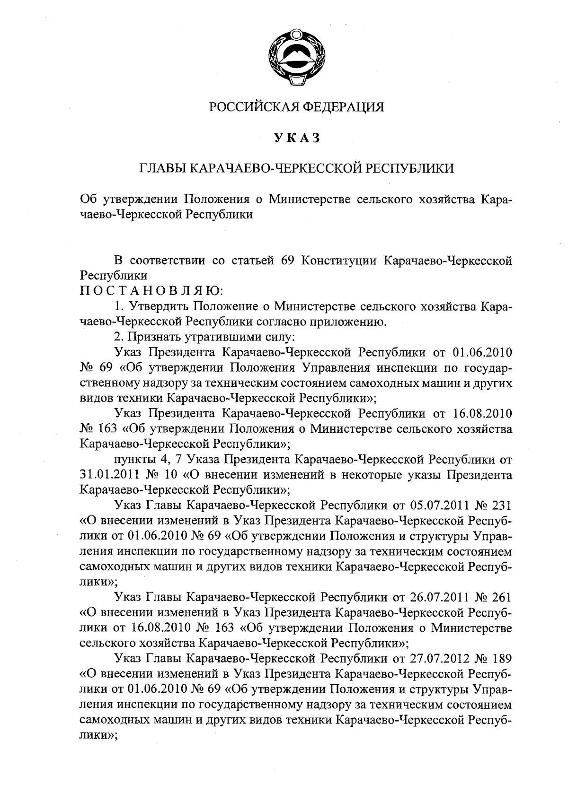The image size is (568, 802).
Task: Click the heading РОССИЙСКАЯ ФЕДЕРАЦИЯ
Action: tap(297, 107)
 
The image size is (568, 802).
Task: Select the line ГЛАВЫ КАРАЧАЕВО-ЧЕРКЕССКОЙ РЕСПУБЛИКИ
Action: tap(297, 168)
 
